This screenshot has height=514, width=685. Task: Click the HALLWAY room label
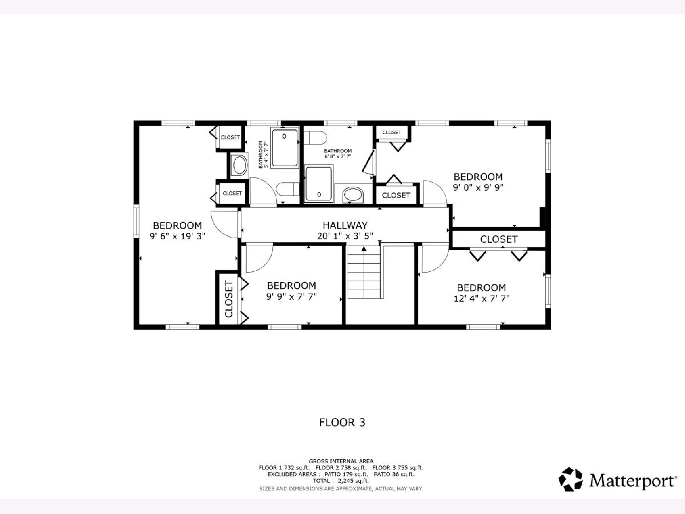(x=345, y=225)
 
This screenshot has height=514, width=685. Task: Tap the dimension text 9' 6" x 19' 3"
(x=178, y=236)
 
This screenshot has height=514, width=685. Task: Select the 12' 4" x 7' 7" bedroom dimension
(x=481, y=299)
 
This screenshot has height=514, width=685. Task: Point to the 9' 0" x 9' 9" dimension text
(x=478, y=187)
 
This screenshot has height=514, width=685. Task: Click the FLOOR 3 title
(x=342, y=423)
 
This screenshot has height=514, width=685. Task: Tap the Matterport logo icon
(x=570, y=479)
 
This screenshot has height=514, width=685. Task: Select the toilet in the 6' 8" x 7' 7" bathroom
(x=315, y=138)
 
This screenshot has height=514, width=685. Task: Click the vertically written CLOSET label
(x=229, y=299)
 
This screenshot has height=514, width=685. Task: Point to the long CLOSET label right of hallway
(x=499, y=239)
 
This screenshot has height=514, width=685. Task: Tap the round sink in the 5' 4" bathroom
(x=240, y=166)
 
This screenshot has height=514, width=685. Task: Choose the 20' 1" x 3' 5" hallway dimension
(x=345, y=236)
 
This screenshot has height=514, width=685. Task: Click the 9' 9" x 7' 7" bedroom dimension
(x=292, y=296)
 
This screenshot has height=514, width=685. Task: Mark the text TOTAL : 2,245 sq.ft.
(x=340, y=481)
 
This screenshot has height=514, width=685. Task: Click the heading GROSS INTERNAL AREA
(x=341, y=461)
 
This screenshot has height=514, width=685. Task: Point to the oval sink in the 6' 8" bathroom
(x=353, y=195)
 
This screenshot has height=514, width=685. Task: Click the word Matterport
(x=631, y=481)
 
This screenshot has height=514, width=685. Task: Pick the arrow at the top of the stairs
(x=364, y=249)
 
